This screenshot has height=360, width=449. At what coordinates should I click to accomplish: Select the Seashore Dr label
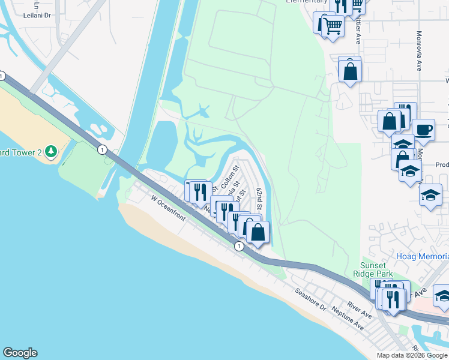(x=310, y=299)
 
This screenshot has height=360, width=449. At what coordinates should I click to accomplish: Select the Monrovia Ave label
(x=418, y=51)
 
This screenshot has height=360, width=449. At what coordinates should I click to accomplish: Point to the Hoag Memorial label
(x=422, y=256)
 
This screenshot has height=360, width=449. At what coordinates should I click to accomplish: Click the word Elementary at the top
(x=306, y=2)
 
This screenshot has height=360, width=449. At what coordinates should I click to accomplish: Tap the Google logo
(x=20, y=353)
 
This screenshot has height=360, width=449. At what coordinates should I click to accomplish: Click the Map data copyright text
(x=411, y=355)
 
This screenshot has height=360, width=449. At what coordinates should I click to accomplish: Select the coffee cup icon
(x=424, y=129)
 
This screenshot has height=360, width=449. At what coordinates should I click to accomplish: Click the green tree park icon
(x=52, y=151)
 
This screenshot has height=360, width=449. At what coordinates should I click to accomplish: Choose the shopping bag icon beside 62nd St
(x=258, y=232)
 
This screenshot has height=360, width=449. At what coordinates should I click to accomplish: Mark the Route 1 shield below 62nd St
(x=239, y=246)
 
